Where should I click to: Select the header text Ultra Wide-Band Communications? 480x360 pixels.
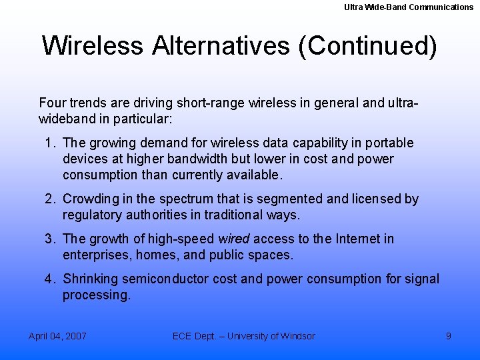[409, 7]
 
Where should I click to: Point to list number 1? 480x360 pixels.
[50, 143]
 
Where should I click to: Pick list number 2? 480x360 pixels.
[50, 199]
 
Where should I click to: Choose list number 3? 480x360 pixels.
[50, 239]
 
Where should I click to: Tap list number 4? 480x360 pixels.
[50, 279]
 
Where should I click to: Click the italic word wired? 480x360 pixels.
[233, 239]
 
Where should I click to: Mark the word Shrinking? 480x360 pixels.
[91, 279]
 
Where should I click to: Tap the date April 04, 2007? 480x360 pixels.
[57, 336]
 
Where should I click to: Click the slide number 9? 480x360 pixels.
[449, 336]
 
